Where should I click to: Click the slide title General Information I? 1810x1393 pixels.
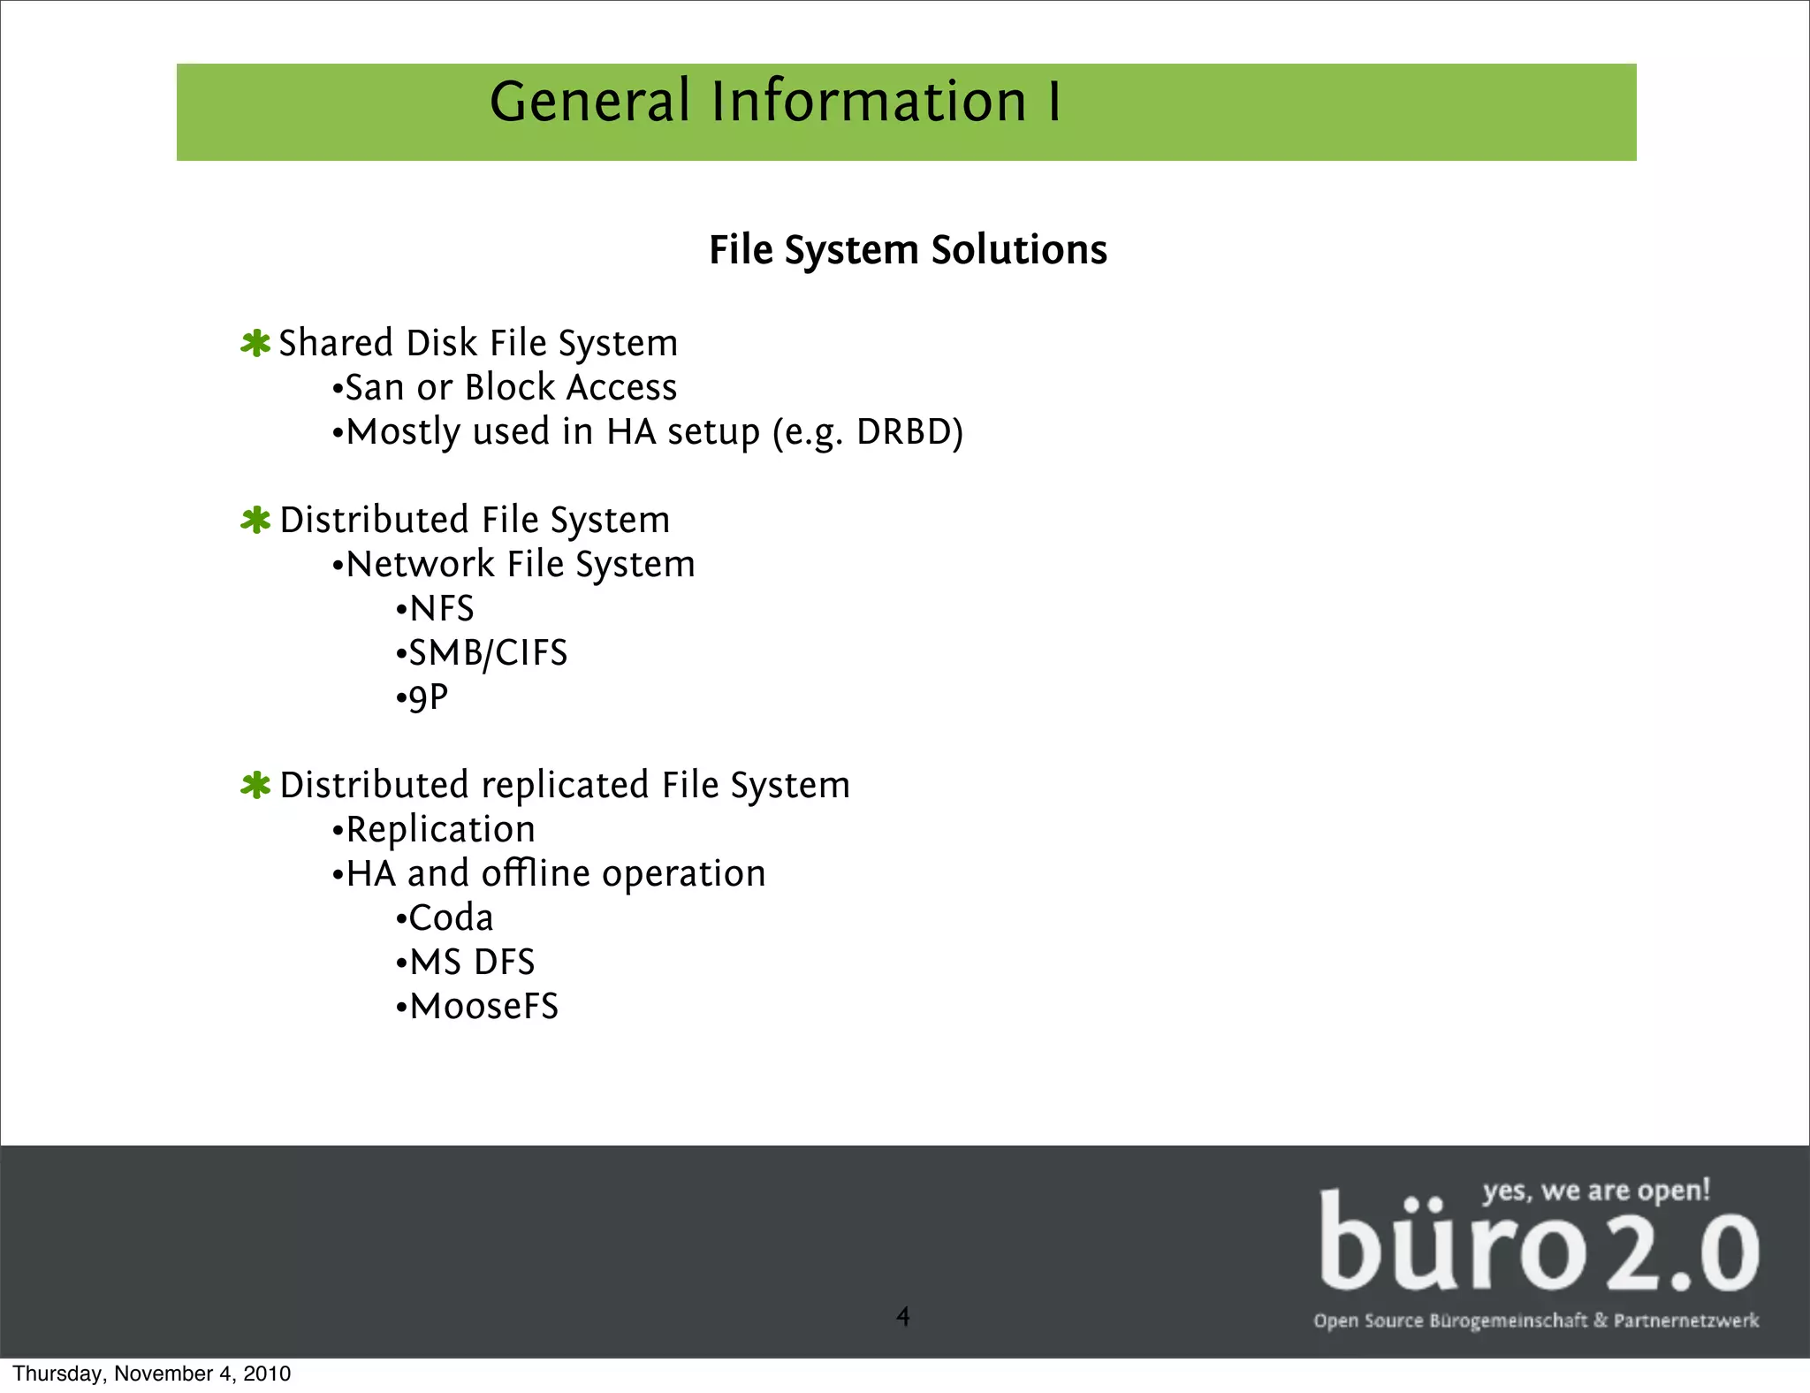[x=775, y=102]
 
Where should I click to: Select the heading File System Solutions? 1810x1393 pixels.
[x=908, y=250]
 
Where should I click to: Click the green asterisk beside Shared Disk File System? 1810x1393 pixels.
[x=255, y=344]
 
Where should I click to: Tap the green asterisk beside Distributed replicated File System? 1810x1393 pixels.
[x=255, y=785]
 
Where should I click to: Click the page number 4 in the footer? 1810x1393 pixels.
[x=902, y=1317]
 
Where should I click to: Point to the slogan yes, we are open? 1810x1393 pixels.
[x=1596, y=1191]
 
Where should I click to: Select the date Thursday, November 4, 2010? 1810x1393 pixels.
[x=151, y=1374]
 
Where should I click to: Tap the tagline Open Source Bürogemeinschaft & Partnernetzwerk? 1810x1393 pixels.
[x=1536, y=1321]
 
